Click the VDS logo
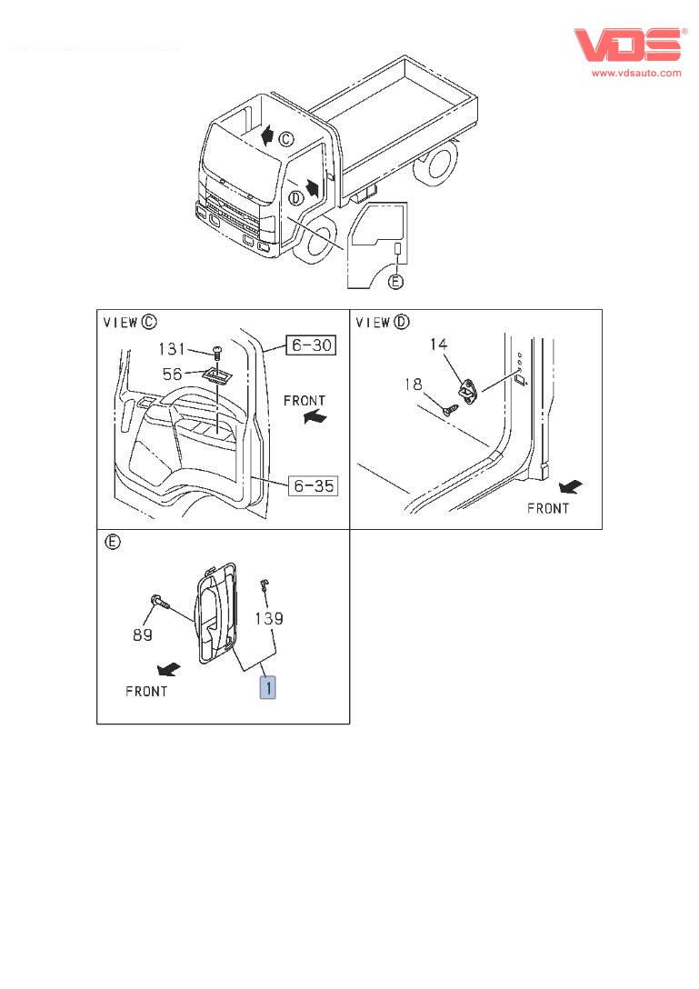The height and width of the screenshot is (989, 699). pos(628,46)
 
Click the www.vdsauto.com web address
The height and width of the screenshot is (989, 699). pos(636,73)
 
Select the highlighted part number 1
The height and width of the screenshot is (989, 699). pos(268,687)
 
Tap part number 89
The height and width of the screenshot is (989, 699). pos(143,634)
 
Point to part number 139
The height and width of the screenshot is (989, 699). pos(268,618)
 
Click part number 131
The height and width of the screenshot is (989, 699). pos(173,348)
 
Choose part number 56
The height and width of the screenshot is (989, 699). pos(173,373)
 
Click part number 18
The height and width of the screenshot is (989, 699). pos(414,385)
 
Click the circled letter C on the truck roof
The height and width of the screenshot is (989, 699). pos(285,139)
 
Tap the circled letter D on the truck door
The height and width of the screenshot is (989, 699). pos(295,197)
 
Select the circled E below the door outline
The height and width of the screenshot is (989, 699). pos(394,282)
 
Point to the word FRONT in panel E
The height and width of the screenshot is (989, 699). pos(146,691)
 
